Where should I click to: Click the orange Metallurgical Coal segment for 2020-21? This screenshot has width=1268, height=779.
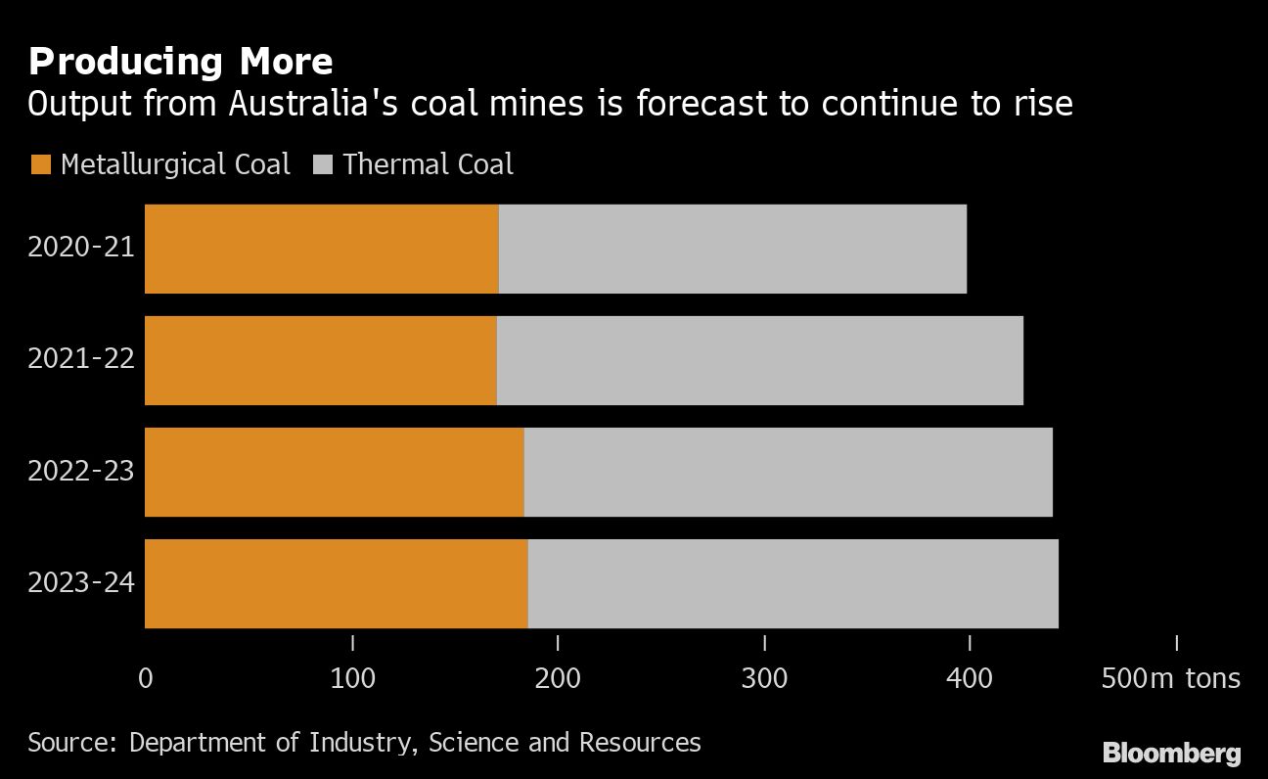click(x=321, y=249)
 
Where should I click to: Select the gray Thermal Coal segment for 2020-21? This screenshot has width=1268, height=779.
click(x=733, y=249)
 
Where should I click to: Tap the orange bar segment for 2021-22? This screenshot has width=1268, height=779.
click(x=320, y=360)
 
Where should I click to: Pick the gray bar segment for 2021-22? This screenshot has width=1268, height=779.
click(x=759, y=360)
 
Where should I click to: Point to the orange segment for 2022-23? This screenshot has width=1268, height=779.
click(x=334, y=472)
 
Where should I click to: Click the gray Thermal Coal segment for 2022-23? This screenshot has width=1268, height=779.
click(x=788, y=472)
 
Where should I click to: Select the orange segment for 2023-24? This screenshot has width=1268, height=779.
click(x=336, y=583)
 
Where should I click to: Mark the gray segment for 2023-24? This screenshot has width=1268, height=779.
click(x=792, y=583)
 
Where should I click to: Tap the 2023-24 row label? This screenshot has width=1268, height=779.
click(x=81, y=583)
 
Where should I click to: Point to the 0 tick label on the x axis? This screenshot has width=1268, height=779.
click(x=146, y=678)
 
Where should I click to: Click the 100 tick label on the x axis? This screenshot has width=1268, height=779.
click(x=352, y=678)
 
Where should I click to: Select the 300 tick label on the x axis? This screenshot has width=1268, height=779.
click(x=764, y=678)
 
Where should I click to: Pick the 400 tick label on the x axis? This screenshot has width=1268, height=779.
click(x=970, y=678)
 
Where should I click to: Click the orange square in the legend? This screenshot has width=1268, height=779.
click(x=40, y=164)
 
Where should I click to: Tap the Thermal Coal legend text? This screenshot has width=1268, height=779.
click(x=428, y=164)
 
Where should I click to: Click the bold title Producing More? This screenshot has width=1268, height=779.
click(x=181, y=62)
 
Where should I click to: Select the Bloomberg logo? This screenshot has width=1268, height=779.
click(x=1172, y=754)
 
